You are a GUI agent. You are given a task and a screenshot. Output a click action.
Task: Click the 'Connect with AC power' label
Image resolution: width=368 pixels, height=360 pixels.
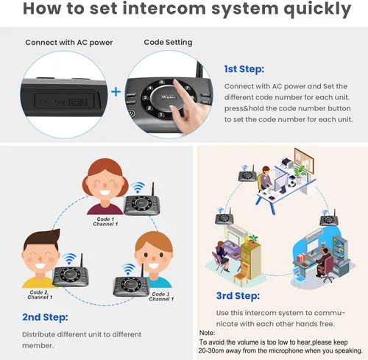(x=68, y=42)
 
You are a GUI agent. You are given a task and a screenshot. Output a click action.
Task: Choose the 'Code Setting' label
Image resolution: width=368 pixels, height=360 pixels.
(x=168, y=42)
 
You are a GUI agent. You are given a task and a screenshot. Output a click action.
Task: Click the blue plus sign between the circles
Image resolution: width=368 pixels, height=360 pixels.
(x=116, y=93)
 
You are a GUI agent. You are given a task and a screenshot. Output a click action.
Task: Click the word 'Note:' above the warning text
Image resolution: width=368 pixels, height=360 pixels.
(x=208, y=333)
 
